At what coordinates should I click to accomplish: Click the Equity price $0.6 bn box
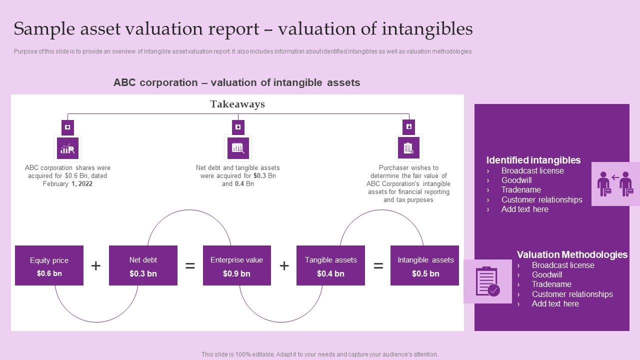click(49, 265)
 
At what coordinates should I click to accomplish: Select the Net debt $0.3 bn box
click(143, 265)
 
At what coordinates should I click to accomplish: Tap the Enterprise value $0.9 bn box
click(236, 265)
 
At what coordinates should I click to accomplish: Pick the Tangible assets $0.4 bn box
click(330, 265)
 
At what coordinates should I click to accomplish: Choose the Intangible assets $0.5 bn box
click(424, 265)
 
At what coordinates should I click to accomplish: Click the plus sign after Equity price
click(96, 266)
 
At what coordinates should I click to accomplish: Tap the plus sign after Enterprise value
click(284, 266)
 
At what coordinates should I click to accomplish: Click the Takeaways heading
click(237, 104)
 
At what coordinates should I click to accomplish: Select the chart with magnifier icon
click(67, 148)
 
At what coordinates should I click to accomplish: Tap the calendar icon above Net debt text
click(238, 148)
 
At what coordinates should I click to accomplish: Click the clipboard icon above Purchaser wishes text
click(408, 148)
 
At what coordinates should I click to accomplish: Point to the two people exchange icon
click(615, 184)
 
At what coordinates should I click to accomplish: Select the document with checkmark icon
click(487, 281)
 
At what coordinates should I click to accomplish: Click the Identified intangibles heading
click(533, 160)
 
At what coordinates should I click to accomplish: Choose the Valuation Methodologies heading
click(572, 254)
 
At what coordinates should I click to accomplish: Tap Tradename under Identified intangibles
click(521, 190)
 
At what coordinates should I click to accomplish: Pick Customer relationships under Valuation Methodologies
click(572, 294)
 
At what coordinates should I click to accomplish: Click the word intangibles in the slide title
click(427, 29)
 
